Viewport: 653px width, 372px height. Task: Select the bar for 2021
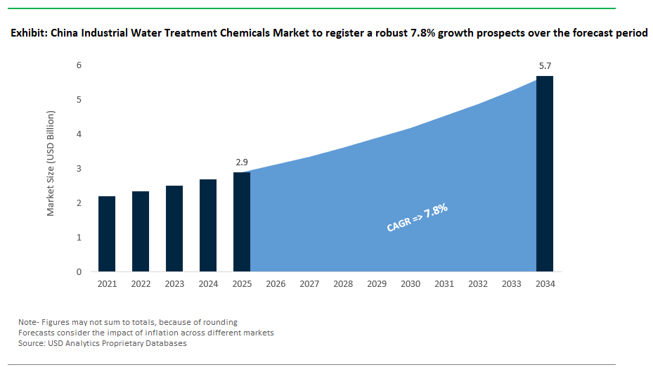tap(107, 234)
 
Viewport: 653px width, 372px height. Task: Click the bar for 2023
tap(174, 229)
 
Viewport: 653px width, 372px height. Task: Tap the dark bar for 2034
tap(545, 174)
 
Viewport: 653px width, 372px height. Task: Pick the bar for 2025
tap(242, 222)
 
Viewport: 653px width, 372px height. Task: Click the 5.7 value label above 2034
tap(545, 66)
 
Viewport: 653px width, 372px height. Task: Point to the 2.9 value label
tap(242, 162)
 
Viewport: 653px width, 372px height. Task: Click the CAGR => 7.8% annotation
tap(418, 218)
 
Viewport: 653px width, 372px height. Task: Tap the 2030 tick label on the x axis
tap(410, 284)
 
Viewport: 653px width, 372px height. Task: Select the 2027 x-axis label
tap(309, 284)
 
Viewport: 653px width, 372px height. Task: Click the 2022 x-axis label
tap(141, 284)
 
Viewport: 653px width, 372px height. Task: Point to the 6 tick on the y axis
tap(79, 65)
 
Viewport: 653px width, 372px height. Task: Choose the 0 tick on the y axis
tap(79, 272)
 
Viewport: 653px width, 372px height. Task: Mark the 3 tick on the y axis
tap(79, 169)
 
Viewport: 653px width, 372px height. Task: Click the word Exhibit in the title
tap(28, 34)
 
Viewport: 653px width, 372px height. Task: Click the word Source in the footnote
tap(32, 343)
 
